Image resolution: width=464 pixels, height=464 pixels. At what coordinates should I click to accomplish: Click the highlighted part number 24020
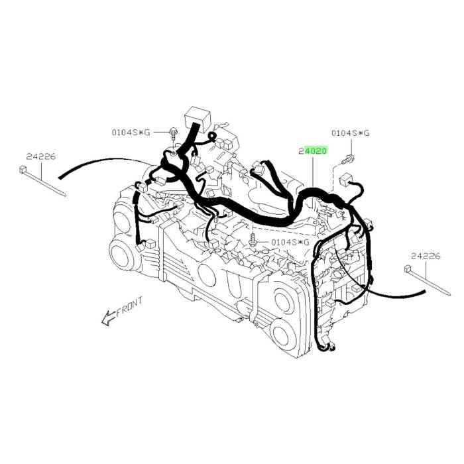[313, 151]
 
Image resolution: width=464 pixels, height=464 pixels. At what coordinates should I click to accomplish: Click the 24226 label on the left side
[41, 156]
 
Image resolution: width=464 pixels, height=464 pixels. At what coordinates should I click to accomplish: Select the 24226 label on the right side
[426, 257]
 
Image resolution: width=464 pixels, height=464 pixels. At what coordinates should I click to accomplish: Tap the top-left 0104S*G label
[131, 133]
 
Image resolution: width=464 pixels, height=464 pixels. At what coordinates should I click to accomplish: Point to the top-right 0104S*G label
[351, 133]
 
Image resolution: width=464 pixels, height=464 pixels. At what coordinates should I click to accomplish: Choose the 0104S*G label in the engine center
[290, 243]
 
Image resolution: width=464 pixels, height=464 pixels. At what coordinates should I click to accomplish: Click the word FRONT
[129, 307]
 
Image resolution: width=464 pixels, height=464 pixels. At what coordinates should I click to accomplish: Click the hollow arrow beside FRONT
[108, 318]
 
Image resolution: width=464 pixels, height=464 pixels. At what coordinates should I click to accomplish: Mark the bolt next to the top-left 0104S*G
[173, 134]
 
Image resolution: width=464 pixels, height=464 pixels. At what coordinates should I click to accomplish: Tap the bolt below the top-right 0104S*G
[349, 160]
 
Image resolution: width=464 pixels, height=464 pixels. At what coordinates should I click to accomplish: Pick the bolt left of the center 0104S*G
[253, 240]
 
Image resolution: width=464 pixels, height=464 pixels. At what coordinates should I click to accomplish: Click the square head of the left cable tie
[23, 170]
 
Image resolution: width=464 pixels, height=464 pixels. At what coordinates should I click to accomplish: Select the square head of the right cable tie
[408, 269]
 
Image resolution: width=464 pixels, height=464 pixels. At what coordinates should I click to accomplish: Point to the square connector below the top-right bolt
[345, 180]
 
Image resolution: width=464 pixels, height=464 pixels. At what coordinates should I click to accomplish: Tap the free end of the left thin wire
[60, 178]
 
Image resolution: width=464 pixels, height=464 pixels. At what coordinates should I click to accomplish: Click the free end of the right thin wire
[424, 291]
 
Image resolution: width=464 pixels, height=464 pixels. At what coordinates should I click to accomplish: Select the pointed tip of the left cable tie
[65, 195]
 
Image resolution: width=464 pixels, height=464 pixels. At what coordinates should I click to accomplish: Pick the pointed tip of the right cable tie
[449, 294]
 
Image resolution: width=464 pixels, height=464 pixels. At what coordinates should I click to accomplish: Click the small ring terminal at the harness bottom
[332, 349]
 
